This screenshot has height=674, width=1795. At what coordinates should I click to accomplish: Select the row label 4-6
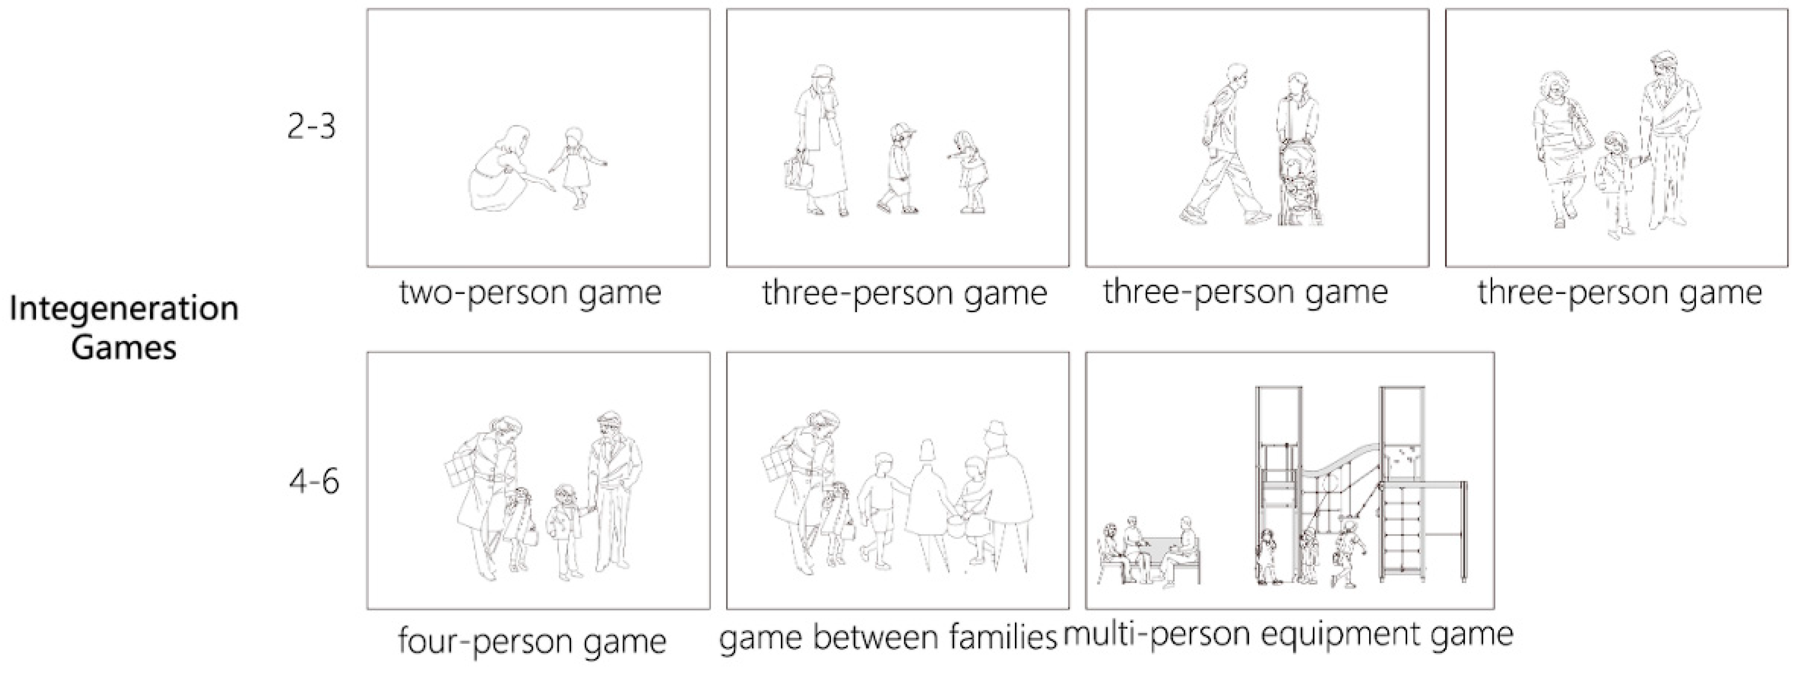(314, 481)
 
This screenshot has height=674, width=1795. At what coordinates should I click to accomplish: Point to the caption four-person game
(532, 640)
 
